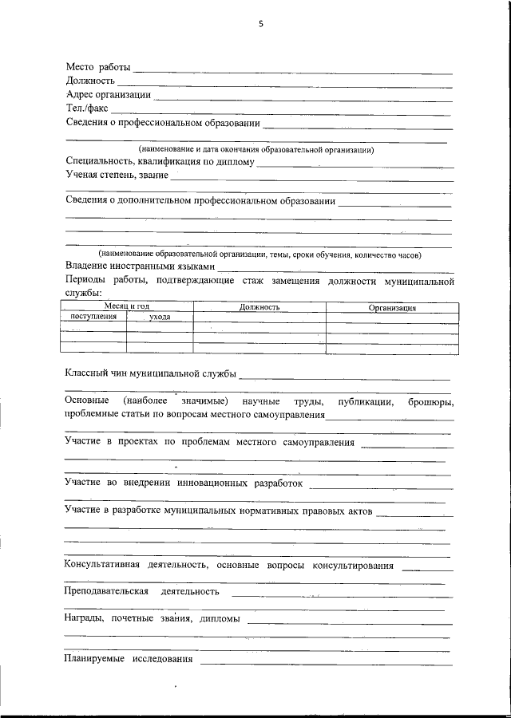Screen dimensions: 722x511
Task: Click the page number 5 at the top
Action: coord(260,24)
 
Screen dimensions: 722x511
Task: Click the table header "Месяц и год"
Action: coord(127,306)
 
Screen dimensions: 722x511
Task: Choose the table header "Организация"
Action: coord(392,307)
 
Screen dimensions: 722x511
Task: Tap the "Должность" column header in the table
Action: coord(259,307)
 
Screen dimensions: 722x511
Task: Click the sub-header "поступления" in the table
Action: coord(93,317)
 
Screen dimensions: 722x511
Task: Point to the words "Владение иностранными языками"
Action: coord(140,266)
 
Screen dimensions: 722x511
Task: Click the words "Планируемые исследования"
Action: coord(129,659)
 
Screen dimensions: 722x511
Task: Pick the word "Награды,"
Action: coord(85,619)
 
